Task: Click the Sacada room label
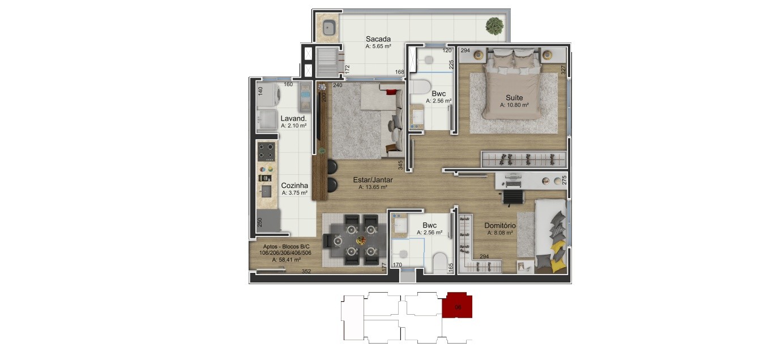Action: click(378, 39)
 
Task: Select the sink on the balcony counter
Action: click(329, 28)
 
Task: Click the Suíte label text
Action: click(514, 97)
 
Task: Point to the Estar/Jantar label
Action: click(373, 179)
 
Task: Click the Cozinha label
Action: click(294, 186)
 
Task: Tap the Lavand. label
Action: click(293, 118)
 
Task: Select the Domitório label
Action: click(500, 225)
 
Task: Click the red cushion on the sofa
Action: click(390, 92)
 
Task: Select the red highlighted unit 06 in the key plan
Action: click(457, 306)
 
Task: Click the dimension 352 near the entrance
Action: click(306, 271)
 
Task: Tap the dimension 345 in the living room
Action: click(400, 165)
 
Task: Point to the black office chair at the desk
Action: click(513, 198)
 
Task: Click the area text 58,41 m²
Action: click(287, 260)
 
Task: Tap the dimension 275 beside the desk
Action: click(564, 181)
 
